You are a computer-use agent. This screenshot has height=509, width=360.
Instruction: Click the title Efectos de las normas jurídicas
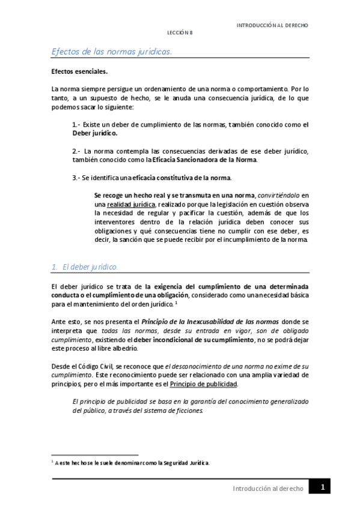click(112, 52)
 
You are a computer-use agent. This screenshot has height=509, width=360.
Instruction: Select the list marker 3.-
click(76, 178)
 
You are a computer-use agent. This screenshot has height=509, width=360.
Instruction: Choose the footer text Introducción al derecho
click(267, 489)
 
